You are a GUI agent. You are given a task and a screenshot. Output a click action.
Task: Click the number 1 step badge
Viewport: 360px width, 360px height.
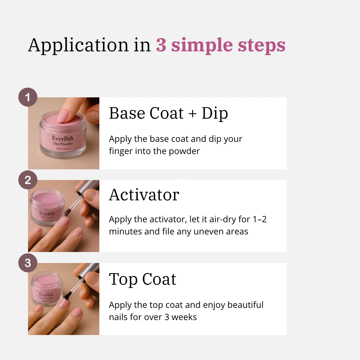pyautogui.click(x=28, y=97)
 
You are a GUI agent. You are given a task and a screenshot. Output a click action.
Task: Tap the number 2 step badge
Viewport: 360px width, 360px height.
pyautogui.click(x=28, y=180)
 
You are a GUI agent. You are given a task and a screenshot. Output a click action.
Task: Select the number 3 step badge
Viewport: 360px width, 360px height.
pyautogui.click(x=28, y=263)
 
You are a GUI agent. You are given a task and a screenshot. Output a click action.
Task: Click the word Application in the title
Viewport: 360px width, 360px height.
pyautogui.click(x=78, y=45)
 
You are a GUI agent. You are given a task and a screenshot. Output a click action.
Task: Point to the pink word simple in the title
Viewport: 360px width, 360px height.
pyautogui.click(x=202, y=45)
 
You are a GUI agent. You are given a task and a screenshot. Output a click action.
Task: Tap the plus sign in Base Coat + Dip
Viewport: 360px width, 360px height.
pyautogui.click(x=193, y=114)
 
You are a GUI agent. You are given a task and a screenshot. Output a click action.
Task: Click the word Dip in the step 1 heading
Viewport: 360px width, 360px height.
pyautogui.click(x=215, y=113)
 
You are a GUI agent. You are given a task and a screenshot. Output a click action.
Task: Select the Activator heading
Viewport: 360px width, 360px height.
pyautogui.click(x=144, y=195)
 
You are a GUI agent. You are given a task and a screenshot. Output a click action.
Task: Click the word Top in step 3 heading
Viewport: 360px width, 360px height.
pyautogui.click(x=123, y=279)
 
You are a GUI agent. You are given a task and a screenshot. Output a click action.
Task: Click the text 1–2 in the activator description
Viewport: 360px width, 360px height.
pyautogui.click(x=260, y=219)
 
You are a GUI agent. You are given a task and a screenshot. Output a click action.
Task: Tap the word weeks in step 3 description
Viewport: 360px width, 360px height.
pyautogui.click(x=184, y=317)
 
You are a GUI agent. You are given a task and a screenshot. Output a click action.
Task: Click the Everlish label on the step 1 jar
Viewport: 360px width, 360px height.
pyautogui.click(x=63, y=138)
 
